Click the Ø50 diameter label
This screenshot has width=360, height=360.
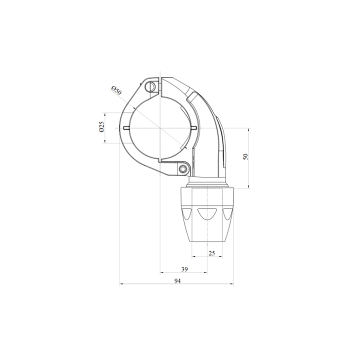[x=116, y=90]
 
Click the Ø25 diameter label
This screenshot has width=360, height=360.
[x=101, y=126]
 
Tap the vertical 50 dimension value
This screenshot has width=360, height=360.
[x=245, y=157]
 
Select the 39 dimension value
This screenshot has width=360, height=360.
[x=184, y=269]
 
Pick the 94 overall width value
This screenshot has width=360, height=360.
[x=177, y=281]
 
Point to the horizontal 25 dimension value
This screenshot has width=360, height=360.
[x=211, y=253]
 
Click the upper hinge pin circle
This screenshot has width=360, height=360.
[x=150, y=87]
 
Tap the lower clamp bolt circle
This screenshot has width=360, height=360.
[x=183, y=169]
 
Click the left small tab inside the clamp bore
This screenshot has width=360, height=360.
[x=126, y=128]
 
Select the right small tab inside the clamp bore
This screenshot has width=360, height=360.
[x=193, y=128]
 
